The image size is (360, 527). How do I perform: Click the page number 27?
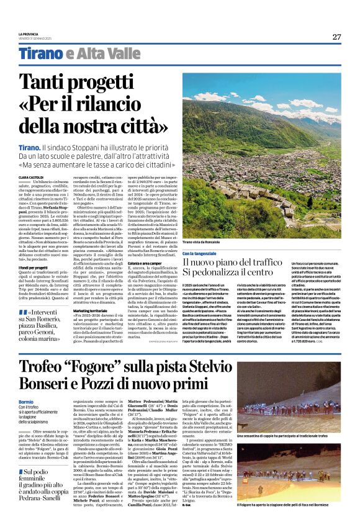(336, 37)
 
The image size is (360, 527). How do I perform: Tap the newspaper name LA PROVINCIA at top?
(27, 34)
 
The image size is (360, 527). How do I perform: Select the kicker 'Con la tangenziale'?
(199, 253)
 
